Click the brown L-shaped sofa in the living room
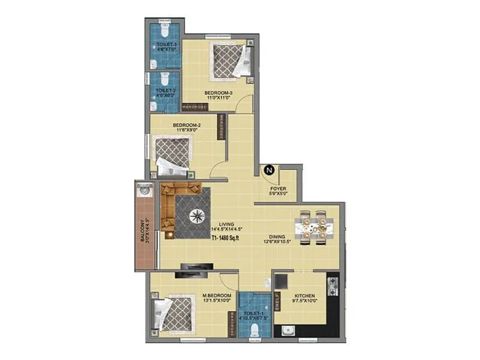point(174,204)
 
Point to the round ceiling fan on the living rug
point(197,215)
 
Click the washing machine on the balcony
point(144,191)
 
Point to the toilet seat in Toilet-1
point(254,329)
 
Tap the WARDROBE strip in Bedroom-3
point(194,107)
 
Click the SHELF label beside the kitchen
point(277,301)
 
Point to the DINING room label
point(277,238)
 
